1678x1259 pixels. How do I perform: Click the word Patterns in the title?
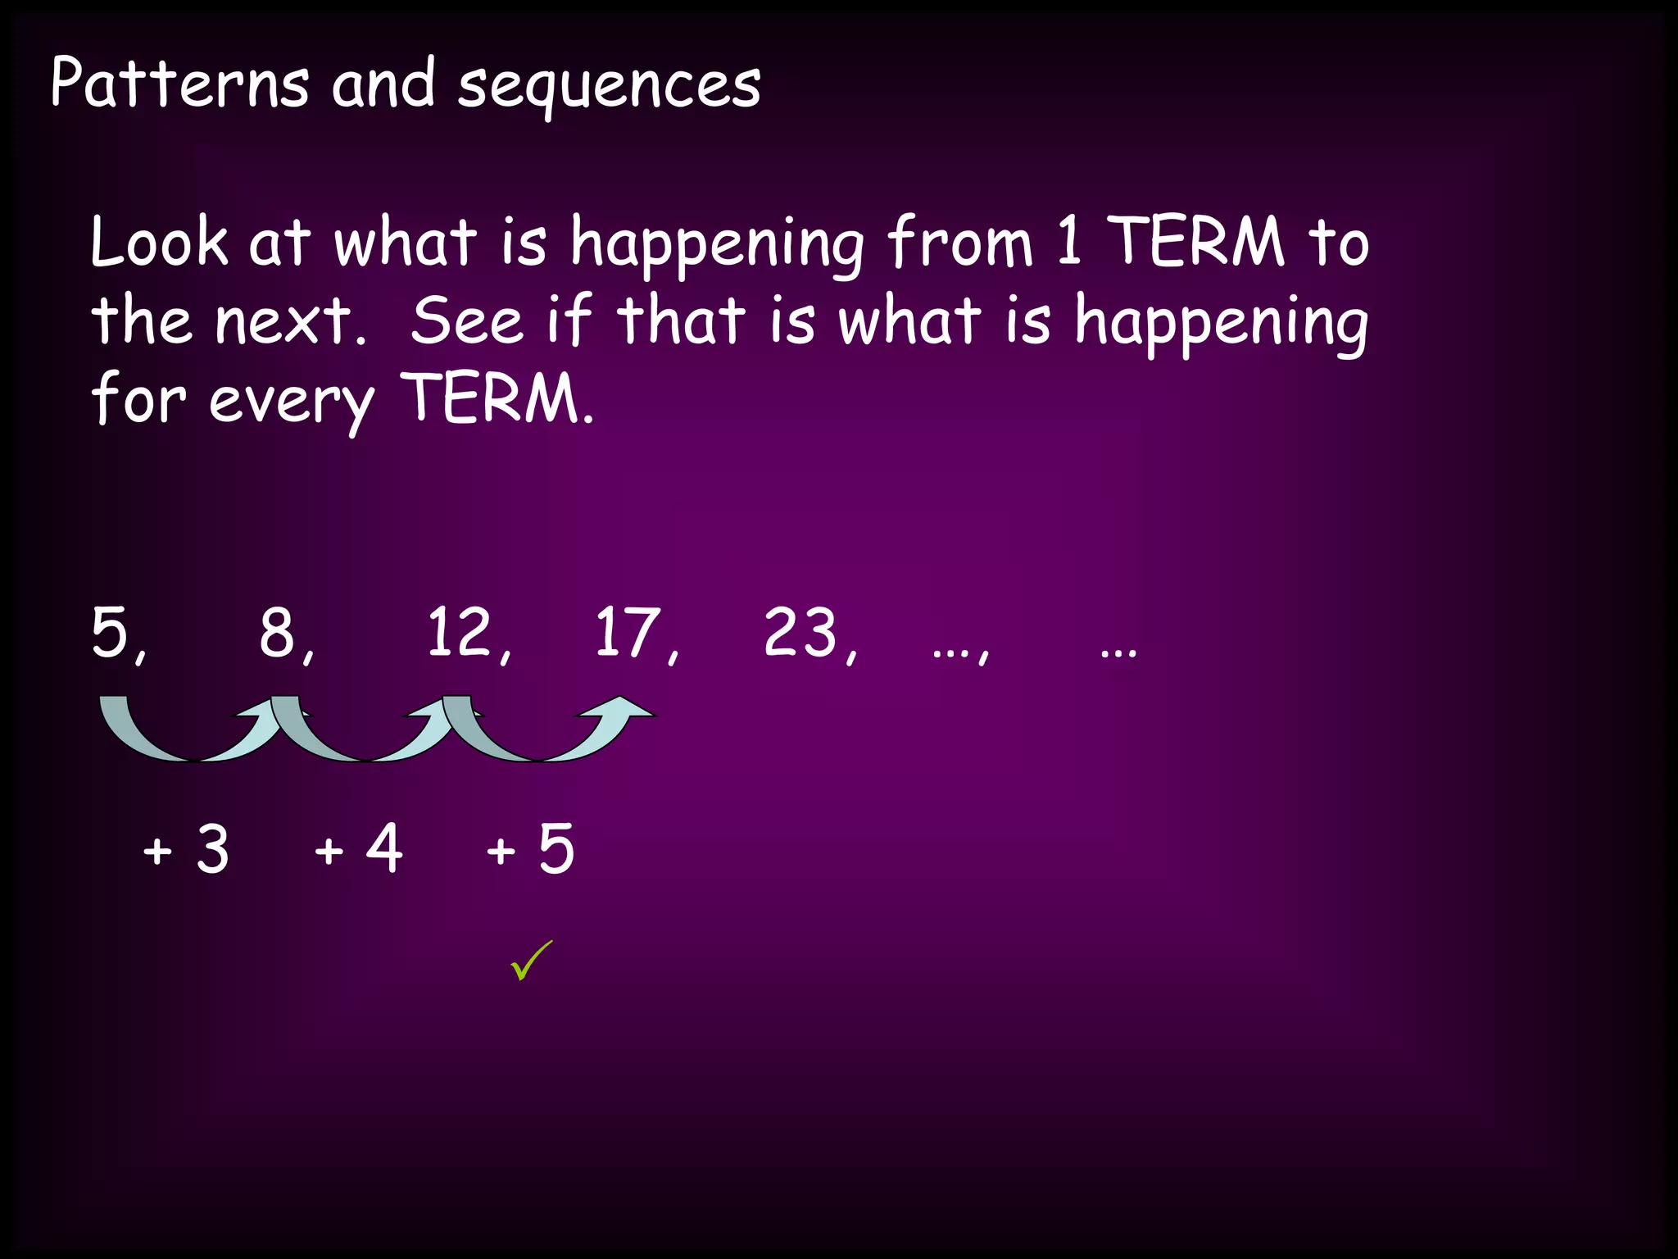(x=179, y=84)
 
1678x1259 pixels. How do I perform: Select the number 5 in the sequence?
(x=111, y=632)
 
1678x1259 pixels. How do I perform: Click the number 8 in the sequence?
(x=278, y=634)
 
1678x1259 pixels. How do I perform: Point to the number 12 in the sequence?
(x=459, y=632)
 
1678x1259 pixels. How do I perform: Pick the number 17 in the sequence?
(x=628, y=632)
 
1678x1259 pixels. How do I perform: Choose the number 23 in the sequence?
(x=800, y=632)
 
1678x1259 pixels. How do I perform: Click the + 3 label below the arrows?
(x=186, y=848)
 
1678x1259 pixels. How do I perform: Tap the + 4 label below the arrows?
(x=358, y=848)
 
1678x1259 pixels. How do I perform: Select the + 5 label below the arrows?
(x=530, y=848)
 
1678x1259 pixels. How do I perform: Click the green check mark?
(x=531, y=961)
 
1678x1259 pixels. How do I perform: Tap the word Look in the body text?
(x=159, y=242)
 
